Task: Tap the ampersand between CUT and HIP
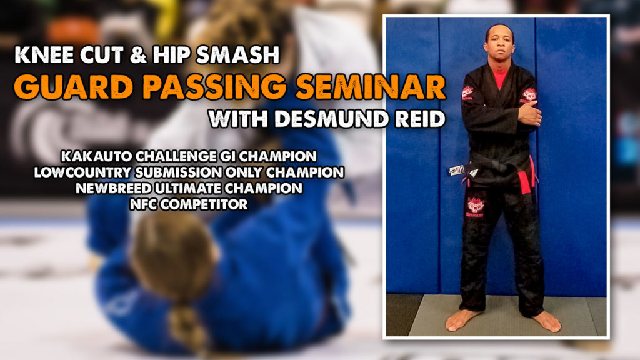click(138, 55)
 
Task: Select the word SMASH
click(237, 55)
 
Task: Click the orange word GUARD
click(74, 87)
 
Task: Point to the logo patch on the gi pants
click(476, 207)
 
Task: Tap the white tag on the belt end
click(457, 170)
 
